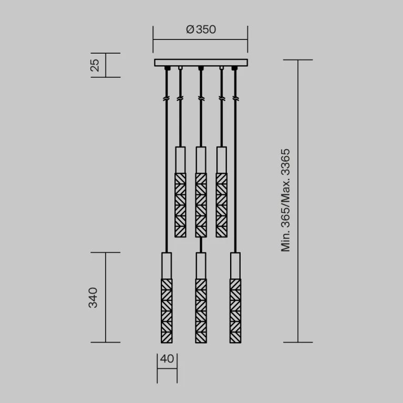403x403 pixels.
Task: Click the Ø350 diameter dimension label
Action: pyautogui.click(x=201, y=30)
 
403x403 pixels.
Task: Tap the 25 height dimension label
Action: pyautogui.click(x=94, y=65)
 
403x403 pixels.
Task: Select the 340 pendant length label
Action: pyautogui.click(x=93, y=297)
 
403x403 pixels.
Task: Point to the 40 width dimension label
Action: pyautogui.click(x=167, y=360)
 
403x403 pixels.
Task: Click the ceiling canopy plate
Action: pyautogui.click(x=200, y=63)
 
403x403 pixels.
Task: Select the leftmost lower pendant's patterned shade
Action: pyautogui.click(x=167, y=311)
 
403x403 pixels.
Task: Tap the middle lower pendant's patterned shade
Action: pyautogui.click(x=200, y=311)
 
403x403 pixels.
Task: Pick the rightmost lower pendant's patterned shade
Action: pyautogui.click(x=234, y=311)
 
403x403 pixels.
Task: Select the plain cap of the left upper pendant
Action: pyautogui.click(x=180, y=159)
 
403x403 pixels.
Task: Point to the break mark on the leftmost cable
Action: pyautogui.click(x=167, y=98)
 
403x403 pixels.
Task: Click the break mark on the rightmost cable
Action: pyautogui.click(x=234, y=98)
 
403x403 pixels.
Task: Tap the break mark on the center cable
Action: pyautogui.click(x=200, y=98)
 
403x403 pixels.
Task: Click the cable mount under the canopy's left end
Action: pyautogui.click(x=167, y=68)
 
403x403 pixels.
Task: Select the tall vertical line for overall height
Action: pyautogui.click(x=298, y=200)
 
